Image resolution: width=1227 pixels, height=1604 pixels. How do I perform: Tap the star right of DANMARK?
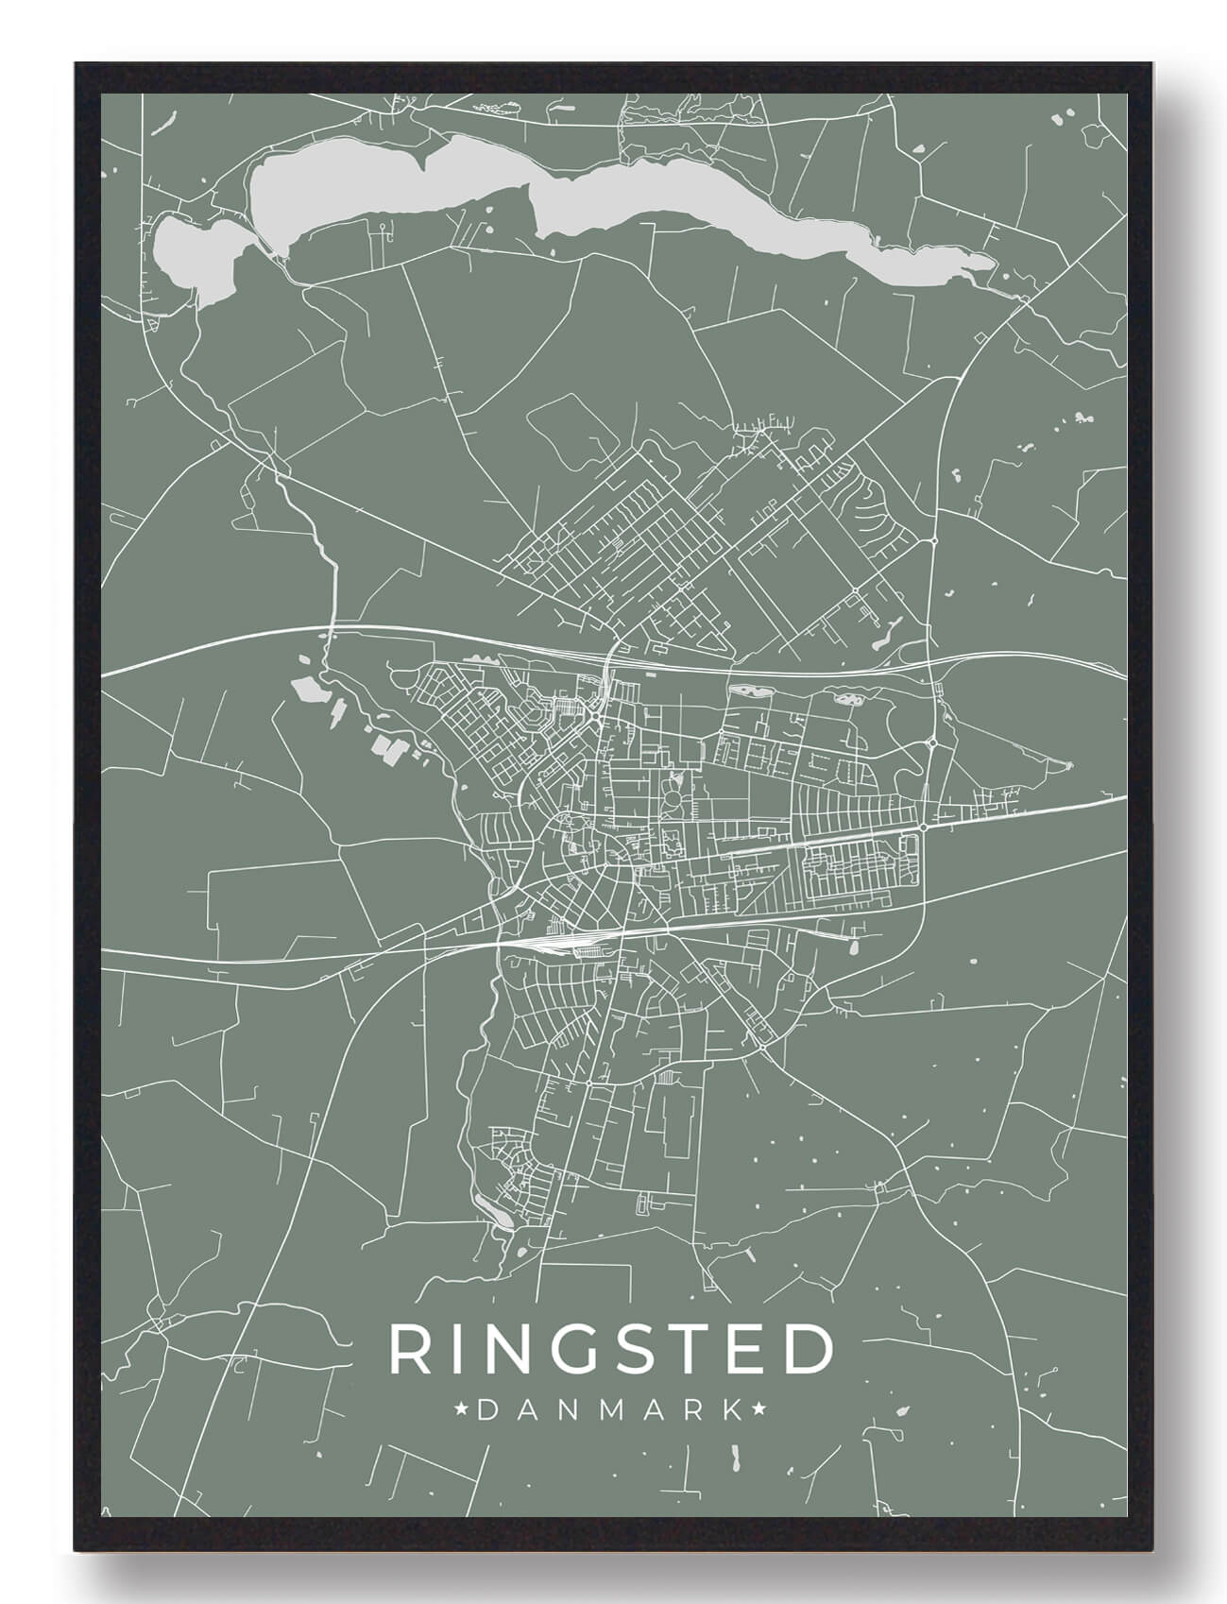[759, 1411]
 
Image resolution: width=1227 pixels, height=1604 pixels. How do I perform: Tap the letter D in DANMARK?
[488, 1411]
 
